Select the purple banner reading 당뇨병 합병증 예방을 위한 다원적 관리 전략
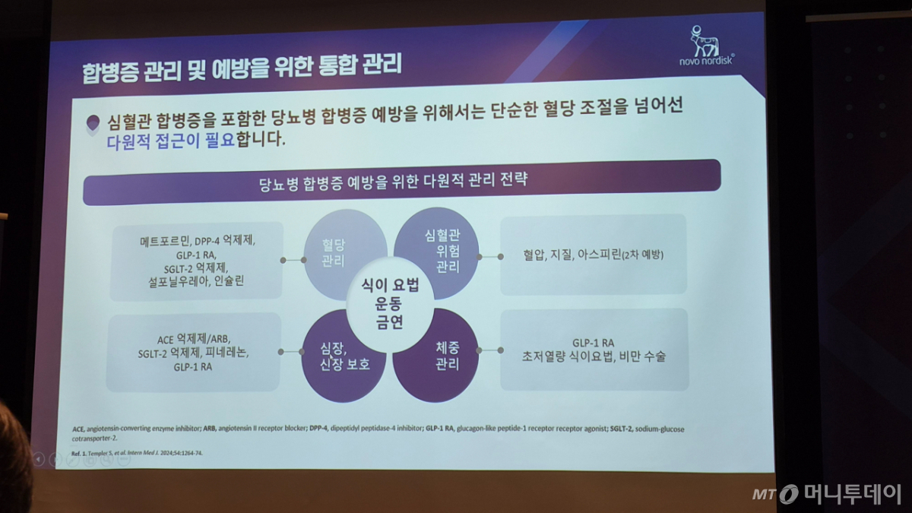401,183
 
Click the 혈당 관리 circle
334,255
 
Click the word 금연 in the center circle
389,321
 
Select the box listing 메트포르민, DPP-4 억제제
197,261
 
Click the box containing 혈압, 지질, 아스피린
594,255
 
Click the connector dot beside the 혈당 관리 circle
283,260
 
